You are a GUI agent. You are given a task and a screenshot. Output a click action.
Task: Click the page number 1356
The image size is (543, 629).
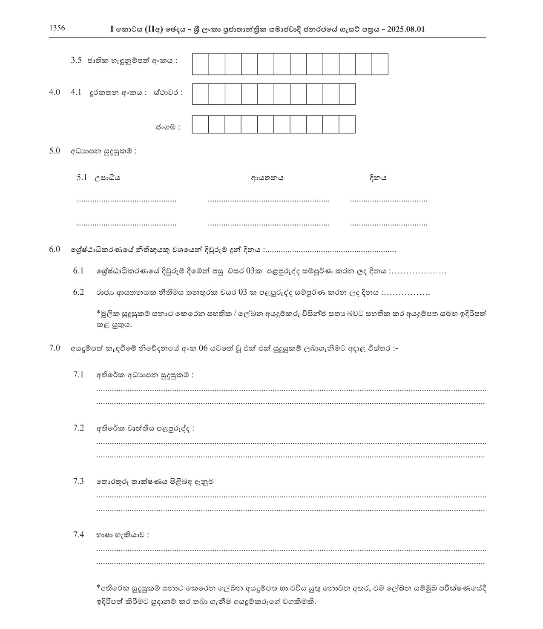(57, 29)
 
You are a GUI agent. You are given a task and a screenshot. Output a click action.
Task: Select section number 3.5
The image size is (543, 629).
(76, 60)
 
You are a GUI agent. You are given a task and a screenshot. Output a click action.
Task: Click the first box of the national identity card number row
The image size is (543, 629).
(201, 64)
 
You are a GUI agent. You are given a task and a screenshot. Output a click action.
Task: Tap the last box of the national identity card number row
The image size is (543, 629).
(380, 64)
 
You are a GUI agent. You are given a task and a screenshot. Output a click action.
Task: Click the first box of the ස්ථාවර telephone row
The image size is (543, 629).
(201, 94)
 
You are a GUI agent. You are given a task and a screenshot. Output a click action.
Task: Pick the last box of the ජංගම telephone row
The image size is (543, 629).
(347, 124)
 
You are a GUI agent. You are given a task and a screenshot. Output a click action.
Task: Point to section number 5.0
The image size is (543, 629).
(55, 151)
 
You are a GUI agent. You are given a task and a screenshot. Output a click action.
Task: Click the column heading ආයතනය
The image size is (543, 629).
(267, 178)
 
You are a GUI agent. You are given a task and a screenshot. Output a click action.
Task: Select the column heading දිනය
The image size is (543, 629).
(378, 178)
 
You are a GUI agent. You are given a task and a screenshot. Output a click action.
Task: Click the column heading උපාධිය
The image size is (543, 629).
(107, 178)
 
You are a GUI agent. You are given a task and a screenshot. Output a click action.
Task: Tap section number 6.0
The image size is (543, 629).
(55, 250)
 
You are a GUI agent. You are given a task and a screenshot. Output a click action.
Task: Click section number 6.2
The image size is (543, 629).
(78, 293)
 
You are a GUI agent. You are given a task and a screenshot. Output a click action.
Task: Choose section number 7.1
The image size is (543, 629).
(78, 375)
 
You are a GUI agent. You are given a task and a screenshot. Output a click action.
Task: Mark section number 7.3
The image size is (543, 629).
(78, 482)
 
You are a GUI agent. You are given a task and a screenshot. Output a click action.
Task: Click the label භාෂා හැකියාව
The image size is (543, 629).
(122, 535)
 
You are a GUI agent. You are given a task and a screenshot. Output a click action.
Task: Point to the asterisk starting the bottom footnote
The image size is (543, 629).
(98, 588)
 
